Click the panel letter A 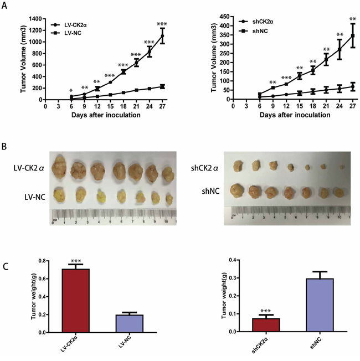click(6, 5)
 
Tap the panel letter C click(6, 265)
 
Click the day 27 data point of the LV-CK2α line click(163, 36)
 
